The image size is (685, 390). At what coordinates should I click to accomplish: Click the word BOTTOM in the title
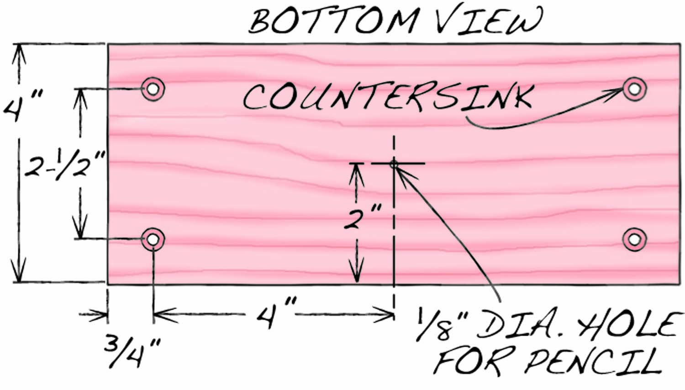click(x=333, y=20)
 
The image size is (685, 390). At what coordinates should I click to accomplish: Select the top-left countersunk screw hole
click(x=153, y=89)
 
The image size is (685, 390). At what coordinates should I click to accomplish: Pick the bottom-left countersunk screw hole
click(x=153, y=239)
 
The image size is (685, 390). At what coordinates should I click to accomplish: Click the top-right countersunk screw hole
click(x=635, y=89)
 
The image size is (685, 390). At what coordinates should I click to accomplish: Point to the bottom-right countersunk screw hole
click(x=635, y=239)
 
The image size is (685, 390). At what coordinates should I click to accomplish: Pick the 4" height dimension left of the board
click(x=23, y=105)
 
